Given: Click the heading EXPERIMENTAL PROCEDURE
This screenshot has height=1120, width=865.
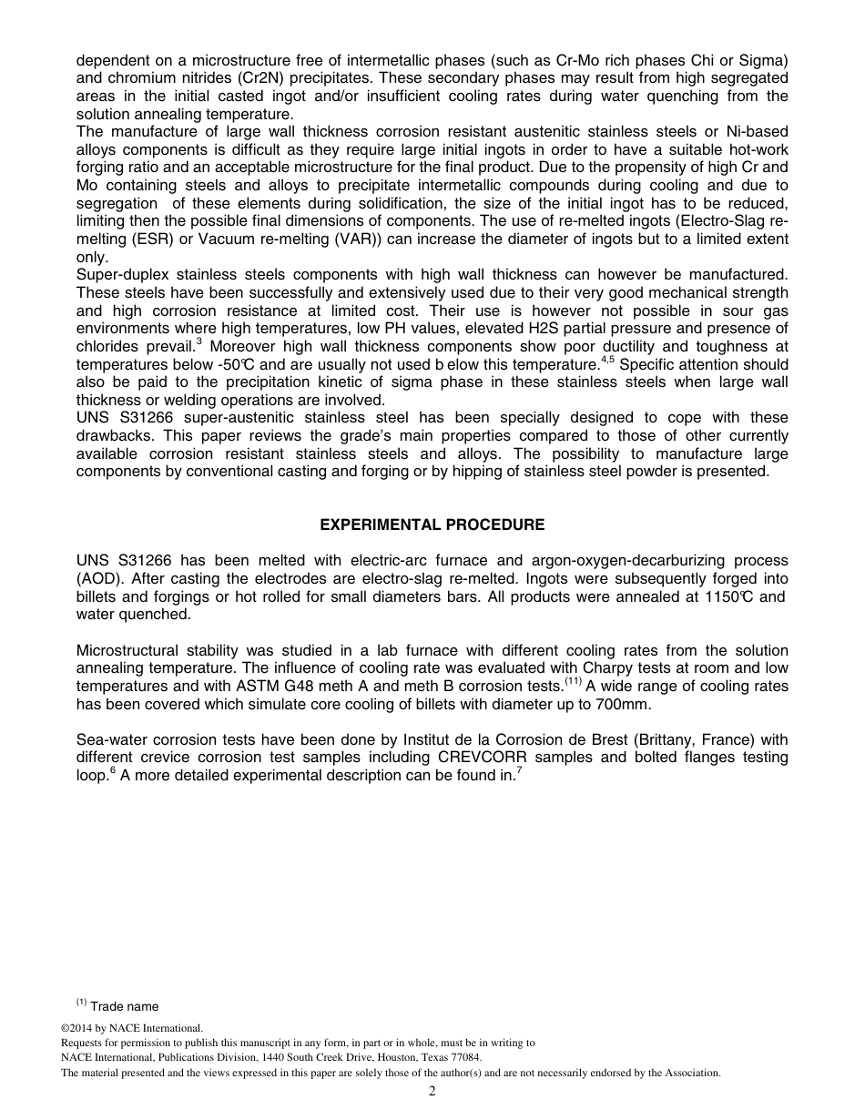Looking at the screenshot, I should [432, 525].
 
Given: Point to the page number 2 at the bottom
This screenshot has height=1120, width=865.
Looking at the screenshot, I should [432, 1092].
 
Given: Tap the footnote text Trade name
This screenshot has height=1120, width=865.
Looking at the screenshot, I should [124, 1006].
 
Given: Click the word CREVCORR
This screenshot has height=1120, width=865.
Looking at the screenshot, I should [482, 758].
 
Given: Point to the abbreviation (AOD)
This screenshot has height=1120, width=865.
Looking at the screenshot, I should [100, 579].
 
